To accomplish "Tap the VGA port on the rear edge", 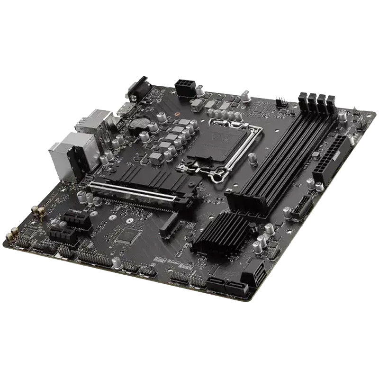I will pos(138,89).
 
